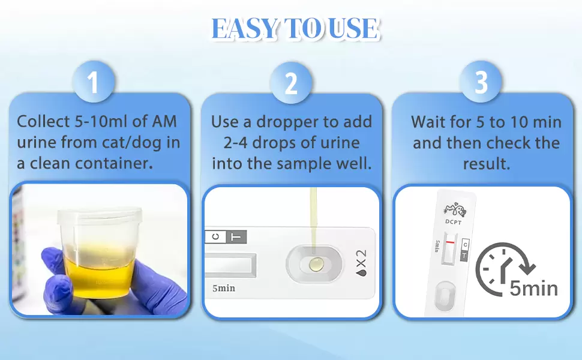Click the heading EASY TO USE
(295, 28)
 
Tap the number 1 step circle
(93, 82)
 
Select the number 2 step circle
(290, 82)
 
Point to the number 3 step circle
(481, 82)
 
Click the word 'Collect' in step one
(43, 121)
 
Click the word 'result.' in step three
(486, 164)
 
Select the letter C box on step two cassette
(215, 237)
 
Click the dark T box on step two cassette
(236, 237)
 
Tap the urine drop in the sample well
(316, 264)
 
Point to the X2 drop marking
(361, 263)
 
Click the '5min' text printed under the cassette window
(224, 288)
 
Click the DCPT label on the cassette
(453, 222)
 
